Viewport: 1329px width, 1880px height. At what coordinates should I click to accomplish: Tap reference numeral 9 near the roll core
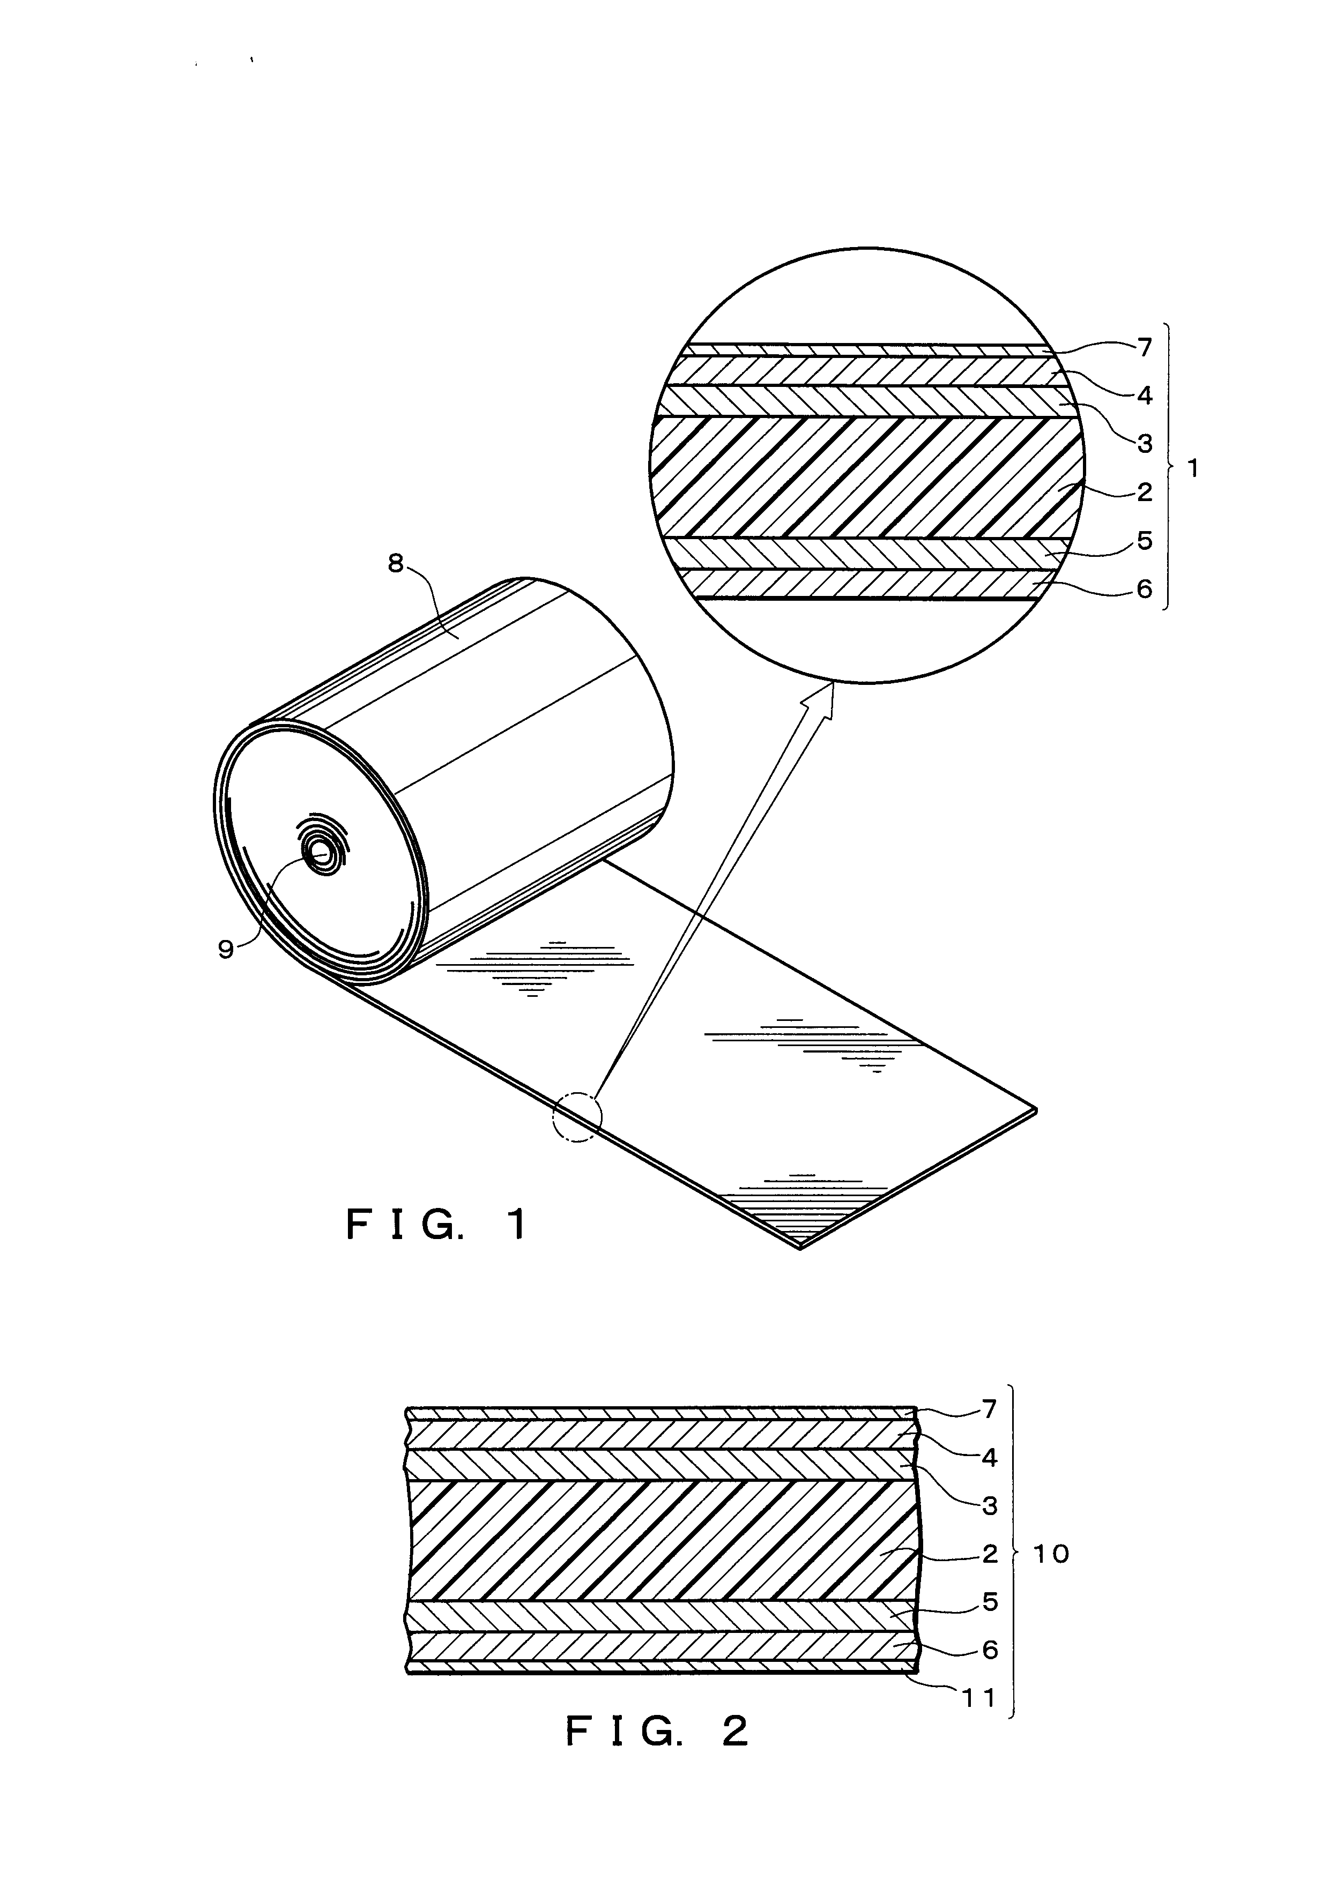(x=226, y=948)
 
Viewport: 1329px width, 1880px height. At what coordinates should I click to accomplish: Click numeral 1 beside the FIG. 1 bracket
(x=1192, y=469)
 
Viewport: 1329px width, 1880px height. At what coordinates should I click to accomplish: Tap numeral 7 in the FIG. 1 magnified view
(x=1145, y=347)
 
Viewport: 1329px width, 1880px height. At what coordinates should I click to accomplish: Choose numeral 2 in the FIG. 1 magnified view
(x=1145, y=491)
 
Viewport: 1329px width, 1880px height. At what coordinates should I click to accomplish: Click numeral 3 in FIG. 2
(x=990, y=1505)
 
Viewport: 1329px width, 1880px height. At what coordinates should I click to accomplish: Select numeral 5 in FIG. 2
(x=990, y=1602)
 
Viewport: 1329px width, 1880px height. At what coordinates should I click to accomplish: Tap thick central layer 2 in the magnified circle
(x=860, y=478)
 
